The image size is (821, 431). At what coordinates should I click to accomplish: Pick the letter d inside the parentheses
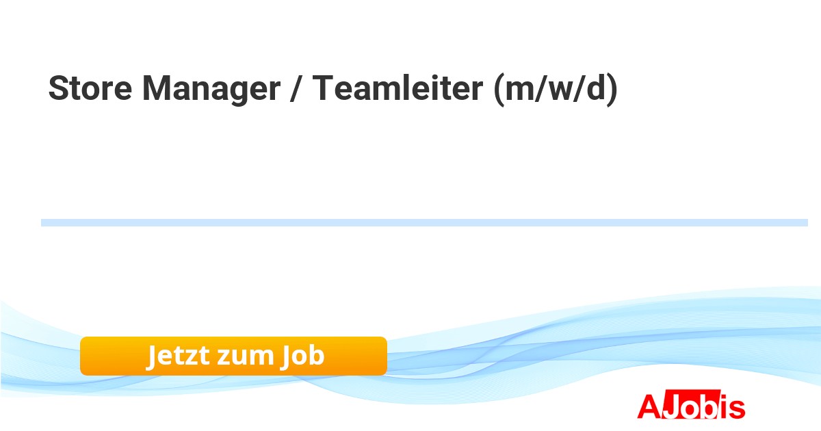click(595, 89)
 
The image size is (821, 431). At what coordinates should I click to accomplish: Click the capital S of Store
click(57, 89)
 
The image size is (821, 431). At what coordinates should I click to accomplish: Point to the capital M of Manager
click(155, 89)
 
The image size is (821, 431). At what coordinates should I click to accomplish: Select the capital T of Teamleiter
click(323, 89)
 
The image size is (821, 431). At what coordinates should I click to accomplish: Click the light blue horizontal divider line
click(424, 222)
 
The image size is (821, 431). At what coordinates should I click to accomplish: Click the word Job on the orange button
click(302, 356)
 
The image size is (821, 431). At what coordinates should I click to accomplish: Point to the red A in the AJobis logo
click(648, 406)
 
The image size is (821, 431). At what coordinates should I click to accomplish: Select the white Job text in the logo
click(686, 406)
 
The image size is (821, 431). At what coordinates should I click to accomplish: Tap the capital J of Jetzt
click(153, 356)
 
